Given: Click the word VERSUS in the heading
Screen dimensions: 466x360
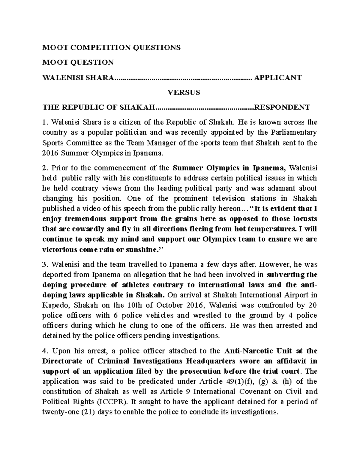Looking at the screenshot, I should tap(183, 92).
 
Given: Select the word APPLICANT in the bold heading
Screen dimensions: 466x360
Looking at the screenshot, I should tap(277, 78).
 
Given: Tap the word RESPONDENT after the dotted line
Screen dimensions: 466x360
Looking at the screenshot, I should tap(282, 107).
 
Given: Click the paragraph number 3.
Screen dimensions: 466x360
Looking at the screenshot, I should tap(45, 265).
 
